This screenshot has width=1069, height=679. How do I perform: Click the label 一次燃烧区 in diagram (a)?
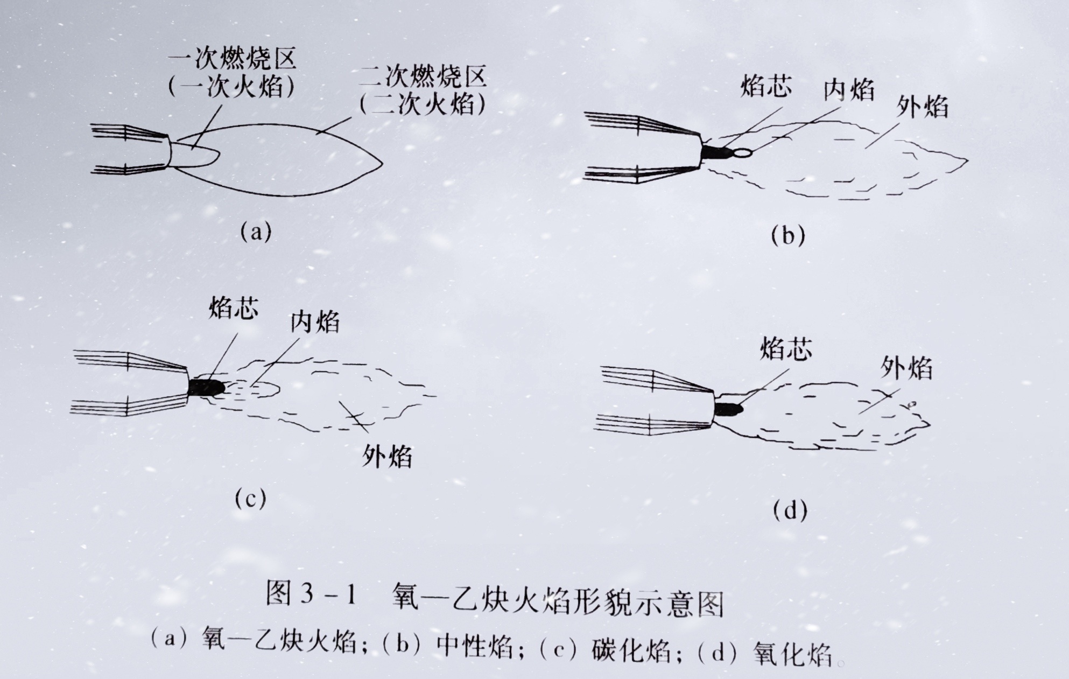tap(233, 59)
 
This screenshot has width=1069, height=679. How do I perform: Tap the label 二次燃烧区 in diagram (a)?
tap(423, 77)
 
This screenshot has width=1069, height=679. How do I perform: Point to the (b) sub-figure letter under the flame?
tap(788, 235)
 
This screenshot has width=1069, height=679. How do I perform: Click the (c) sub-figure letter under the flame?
tap(250, 499)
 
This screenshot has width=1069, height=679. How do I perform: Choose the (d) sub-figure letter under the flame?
tap(790, 509)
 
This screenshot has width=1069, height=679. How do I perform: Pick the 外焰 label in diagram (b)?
tap(922, 107)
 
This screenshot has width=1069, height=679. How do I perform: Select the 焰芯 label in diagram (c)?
tap(234, 308)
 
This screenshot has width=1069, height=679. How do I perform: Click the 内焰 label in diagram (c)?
tap(315, 321)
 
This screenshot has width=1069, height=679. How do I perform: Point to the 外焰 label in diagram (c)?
tap(387, 456)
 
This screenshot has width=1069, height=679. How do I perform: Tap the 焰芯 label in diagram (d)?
tap(786, 348)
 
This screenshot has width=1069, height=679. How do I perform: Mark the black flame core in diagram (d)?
tap(728, 409)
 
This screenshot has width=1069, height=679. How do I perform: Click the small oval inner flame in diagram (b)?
tap(742, 153)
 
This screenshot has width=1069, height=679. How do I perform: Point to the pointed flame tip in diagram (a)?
tap(382, 161)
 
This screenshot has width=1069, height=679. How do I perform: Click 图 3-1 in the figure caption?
tap(312, 594)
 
